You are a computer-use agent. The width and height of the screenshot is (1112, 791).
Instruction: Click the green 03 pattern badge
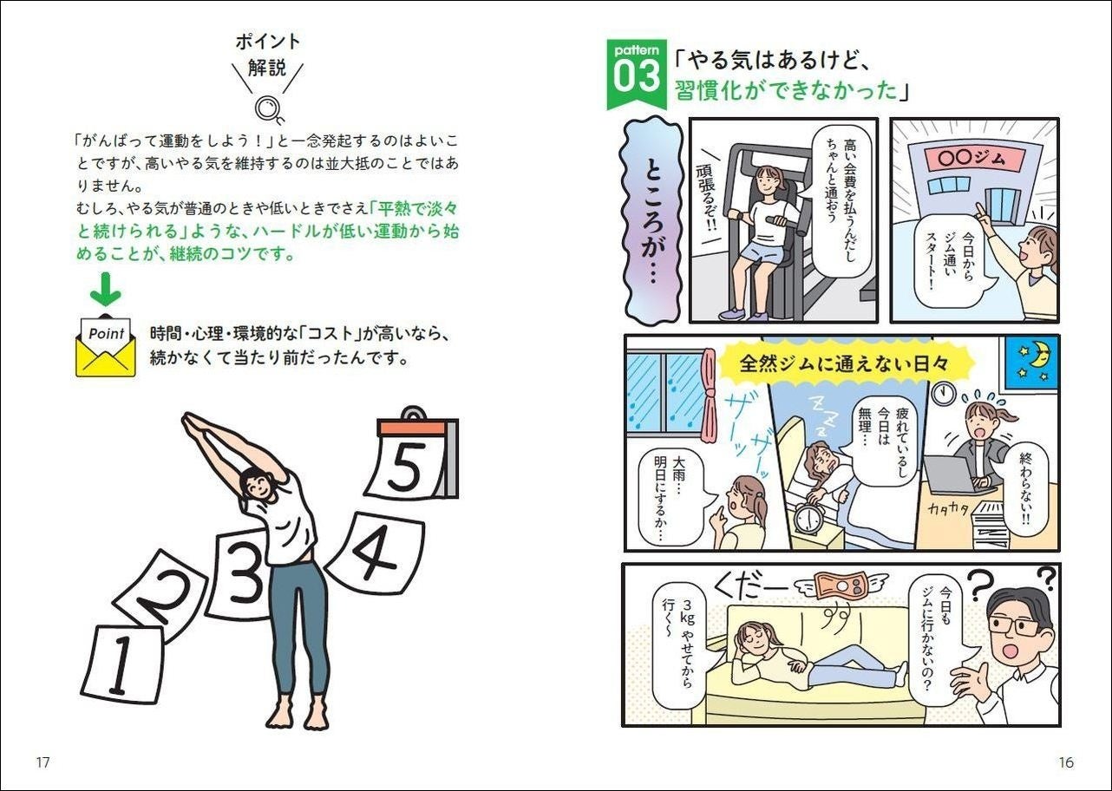(637, 75)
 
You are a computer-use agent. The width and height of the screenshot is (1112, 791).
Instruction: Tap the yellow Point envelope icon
(106, 345)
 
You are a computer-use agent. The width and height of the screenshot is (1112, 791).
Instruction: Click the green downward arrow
(105, 289)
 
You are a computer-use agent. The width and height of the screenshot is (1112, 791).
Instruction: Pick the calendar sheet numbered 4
(376, 552)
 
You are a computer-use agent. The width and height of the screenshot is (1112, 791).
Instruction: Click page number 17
(43, 762)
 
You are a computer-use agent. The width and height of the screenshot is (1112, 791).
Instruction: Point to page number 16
(1066, 762)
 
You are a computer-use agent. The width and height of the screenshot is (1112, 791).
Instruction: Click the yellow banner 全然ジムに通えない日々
(844, 363)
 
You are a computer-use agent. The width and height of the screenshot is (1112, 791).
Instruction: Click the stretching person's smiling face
(259, 485)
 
